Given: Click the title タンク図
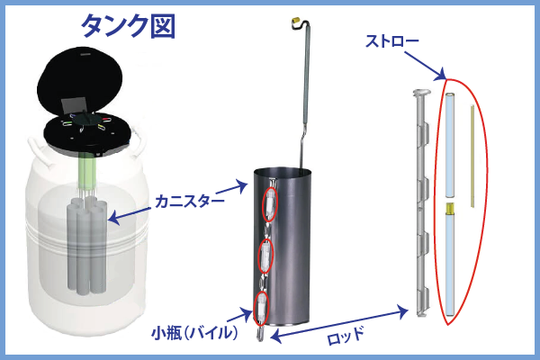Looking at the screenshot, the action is point(129,26).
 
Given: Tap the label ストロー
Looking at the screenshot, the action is point(391,41).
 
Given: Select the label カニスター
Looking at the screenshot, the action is point(189,202).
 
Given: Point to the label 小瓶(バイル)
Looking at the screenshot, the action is point(195,333).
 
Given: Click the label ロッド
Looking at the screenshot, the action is point(345,336).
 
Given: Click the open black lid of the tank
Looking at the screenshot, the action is point(79,80).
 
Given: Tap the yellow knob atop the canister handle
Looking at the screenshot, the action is point(296,22).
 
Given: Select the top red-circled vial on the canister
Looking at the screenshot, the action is point(269,204).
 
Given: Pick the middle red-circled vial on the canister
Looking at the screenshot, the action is point(265,256).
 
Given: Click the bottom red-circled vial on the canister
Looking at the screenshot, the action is point(261,308).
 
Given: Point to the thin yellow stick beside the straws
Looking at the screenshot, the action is point(472,157).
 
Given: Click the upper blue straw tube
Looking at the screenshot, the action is point(450,145).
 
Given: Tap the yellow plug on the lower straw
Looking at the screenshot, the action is point(450,208).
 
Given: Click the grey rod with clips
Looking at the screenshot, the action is point(421,202).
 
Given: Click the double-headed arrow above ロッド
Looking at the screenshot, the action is point(339,324).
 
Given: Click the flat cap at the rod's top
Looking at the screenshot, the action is point(422,93).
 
